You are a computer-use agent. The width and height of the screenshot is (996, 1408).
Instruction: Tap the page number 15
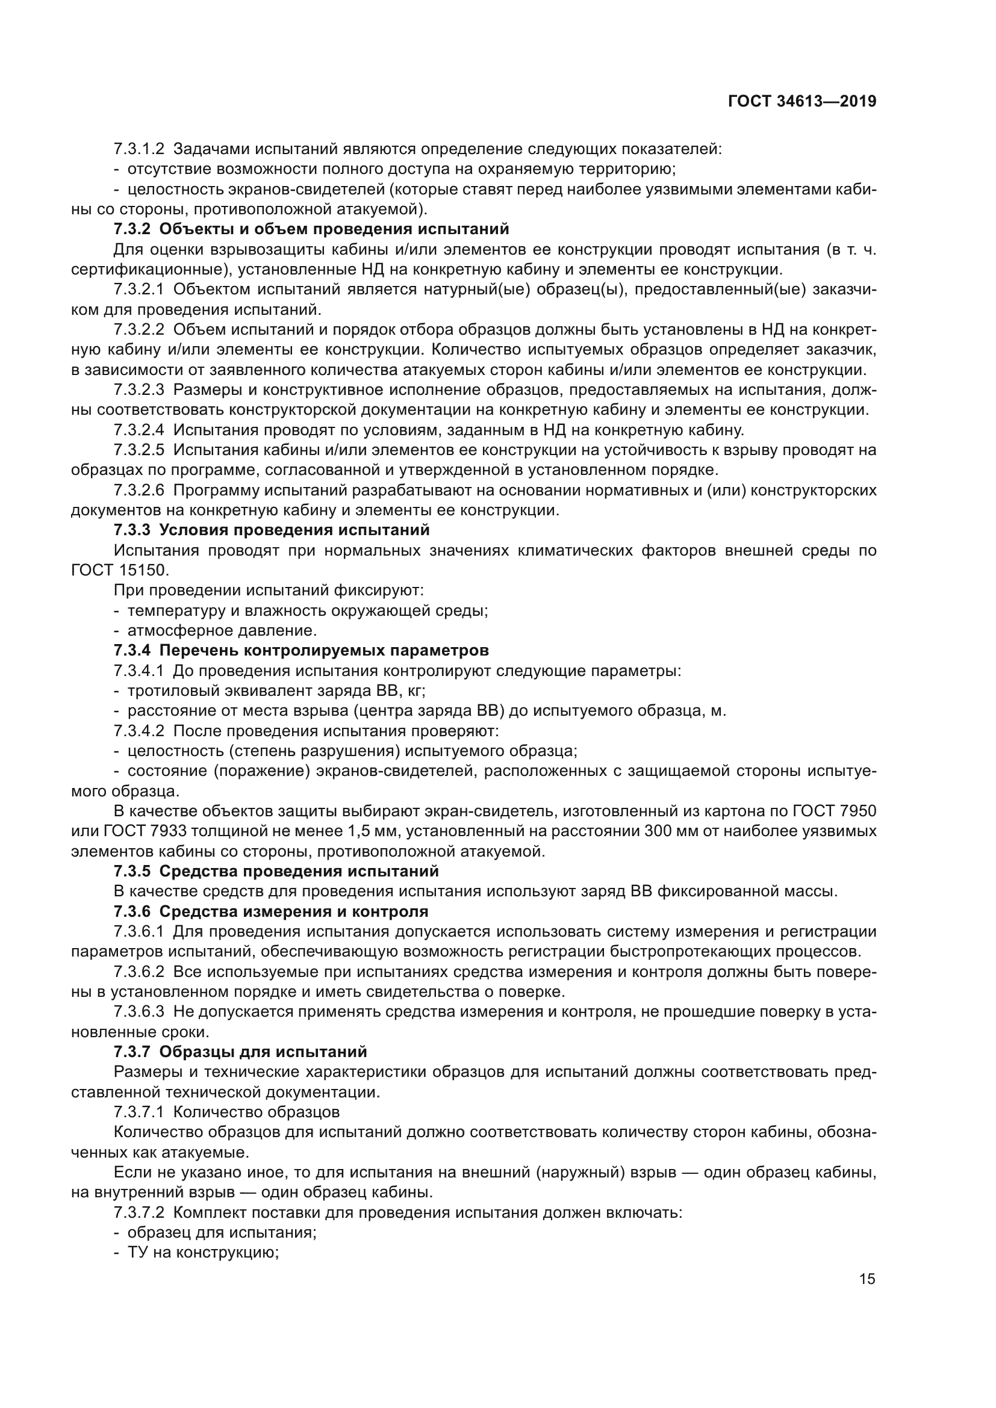[867, 1279]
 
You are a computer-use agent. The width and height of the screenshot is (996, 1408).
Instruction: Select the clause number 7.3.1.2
[139, 149]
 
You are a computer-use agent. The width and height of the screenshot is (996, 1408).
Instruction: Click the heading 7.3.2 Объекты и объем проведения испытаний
[311, 229]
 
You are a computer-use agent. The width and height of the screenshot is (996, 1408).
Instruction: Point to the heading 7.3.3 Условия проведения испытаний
[271, 530]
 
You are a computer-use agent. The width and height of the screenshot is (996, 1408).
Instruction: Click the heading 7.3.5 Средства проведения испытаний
[276, 872]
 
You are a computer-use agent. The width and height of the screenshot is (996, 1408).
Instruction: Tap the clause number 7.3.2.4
[139, 430]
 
